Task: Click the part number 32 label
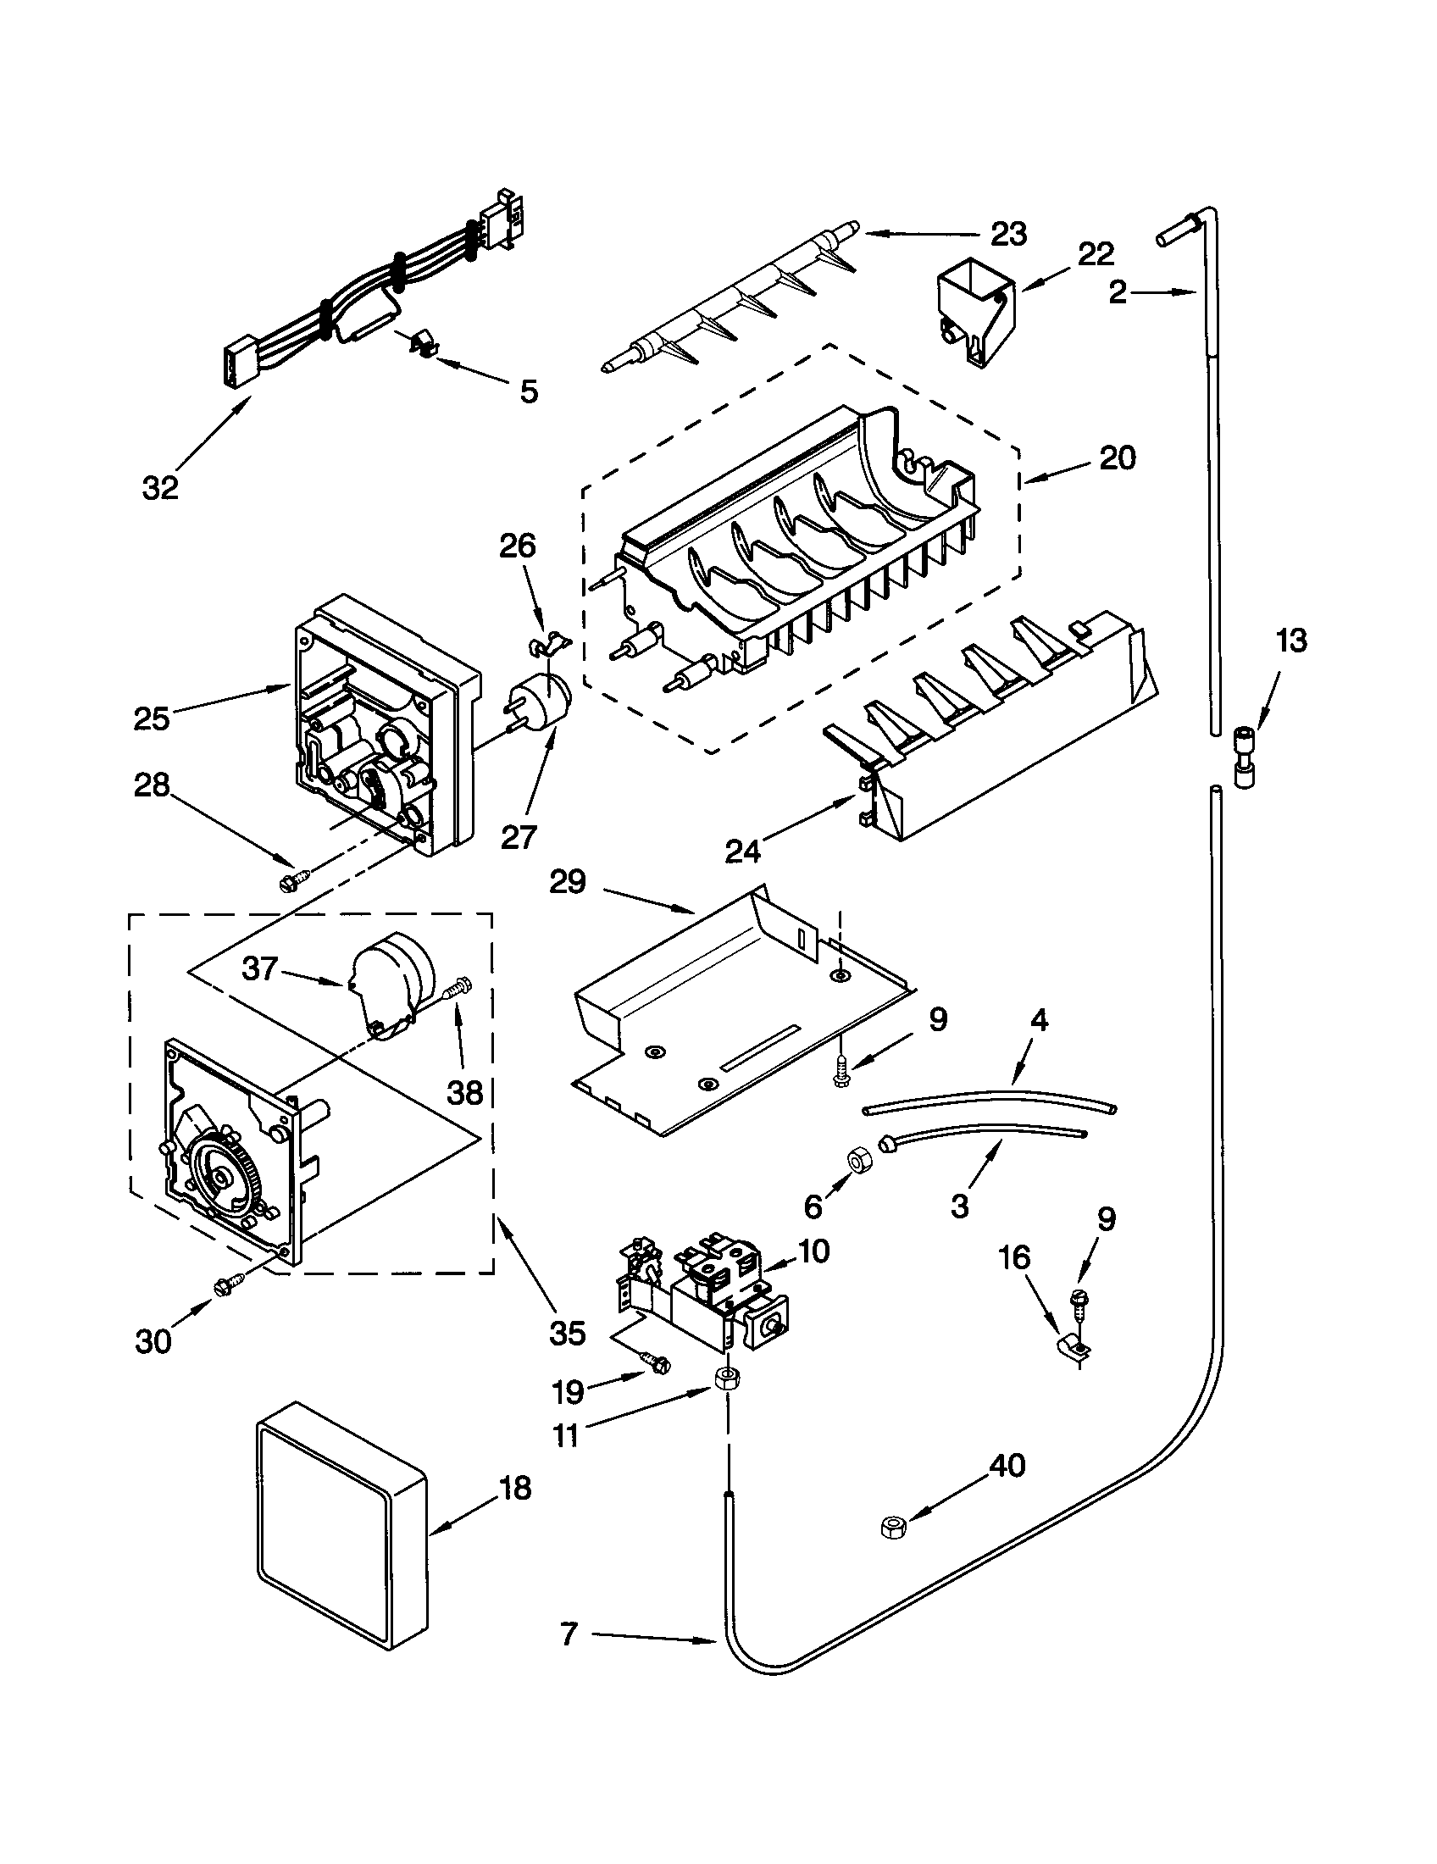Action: point(160,488)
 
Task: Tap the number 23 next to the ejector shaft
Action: point(1008,234)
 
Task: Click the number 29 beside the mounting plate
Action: point(568,883)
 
